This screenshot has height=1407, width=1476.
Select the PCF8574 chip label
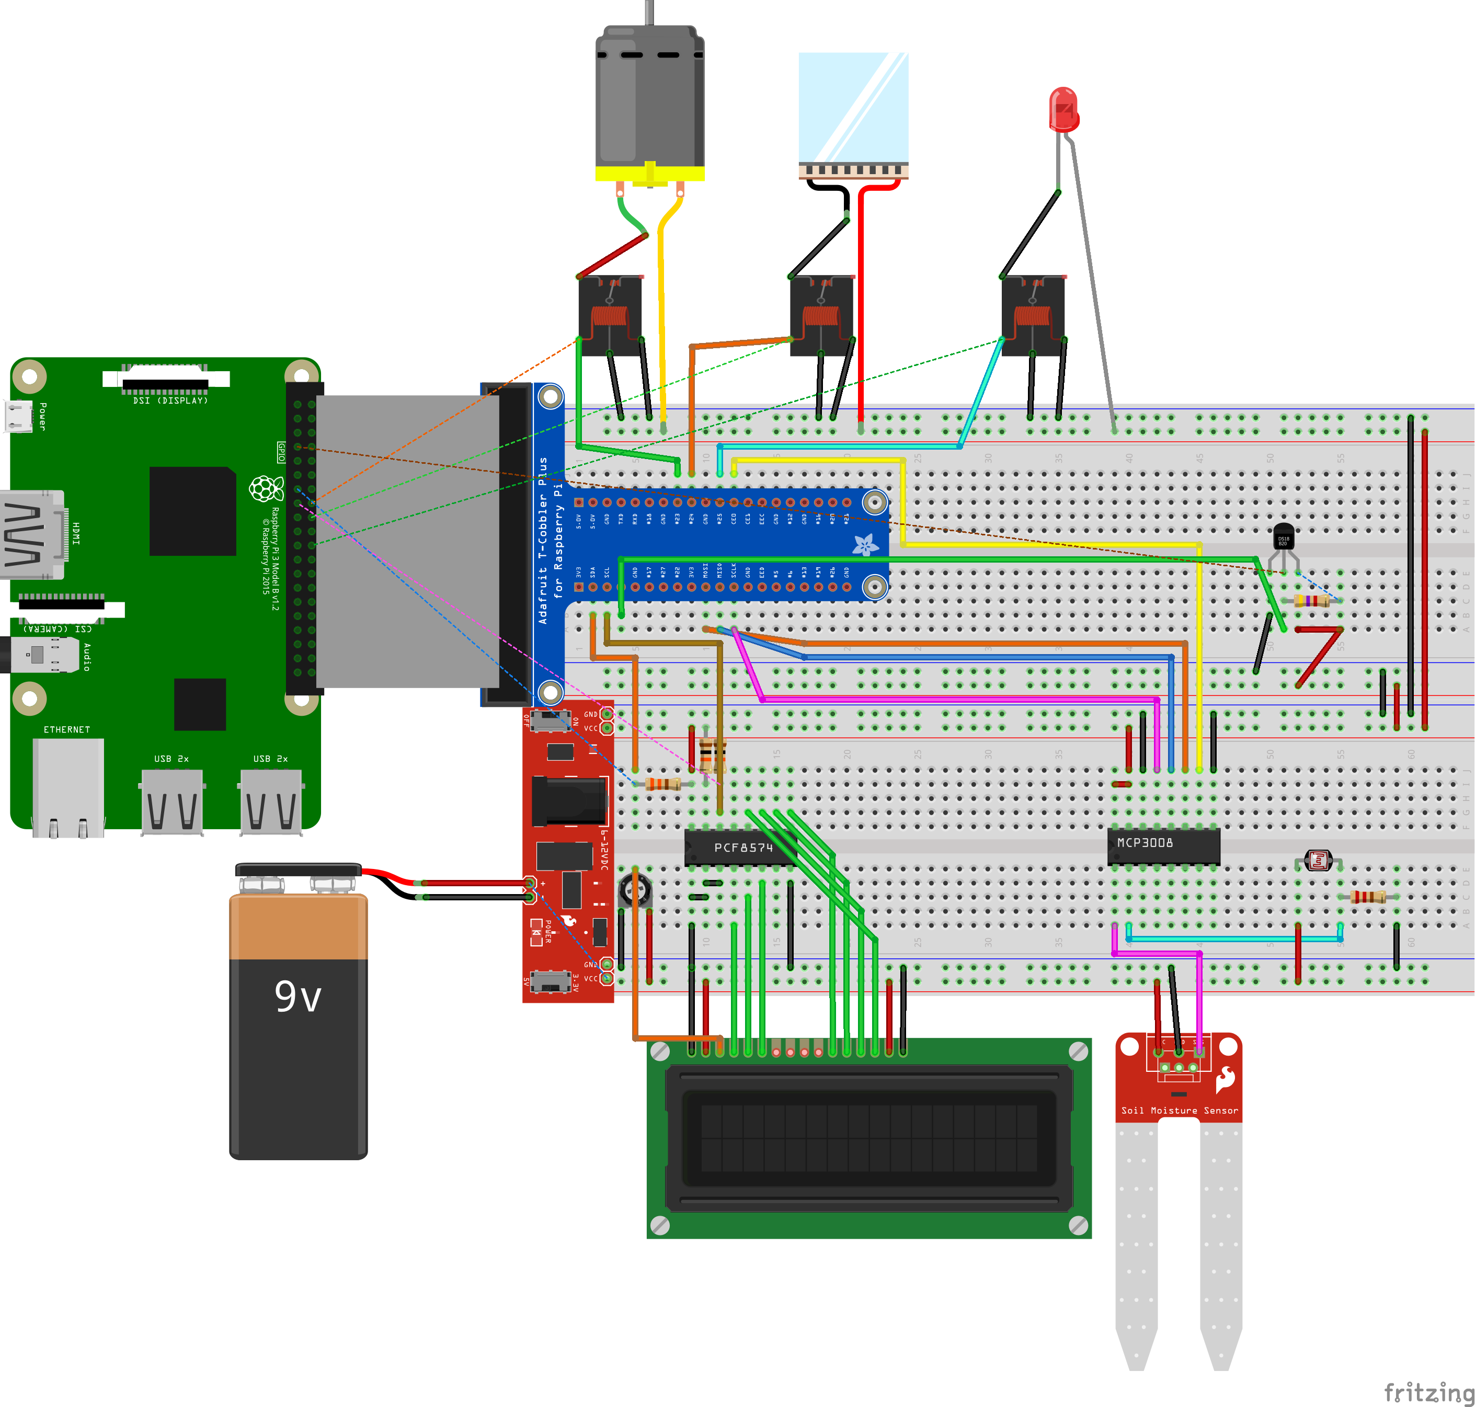tap(742, 848)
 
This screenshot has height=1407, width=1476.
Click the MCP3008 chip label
tap(1145, 843)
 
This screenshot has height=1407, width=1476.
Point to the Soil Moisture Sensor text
tap(1179, 1110)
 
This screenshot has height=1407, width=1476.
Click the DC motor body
tap(649, 97)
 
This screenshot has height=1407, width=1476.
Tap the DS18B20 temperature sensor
tap(1283, 537)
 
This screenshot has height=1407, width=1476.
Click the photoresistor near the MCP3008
tap(1318, 860)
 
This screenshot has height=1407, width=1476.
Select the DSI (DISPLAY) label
tap(170, 401)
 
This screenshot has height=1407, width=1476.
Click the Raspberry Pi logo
tap(266, 488)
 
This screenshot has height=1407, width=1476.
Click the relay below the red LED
tap(1033, 315)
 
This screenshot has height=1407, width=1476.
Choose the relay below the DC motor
tap(610, 315)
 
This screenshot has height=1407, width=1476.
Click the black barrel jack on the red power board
tap(568, 800)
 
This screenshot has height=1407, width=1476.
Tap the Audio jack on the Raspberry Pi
tap(45, 655)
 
